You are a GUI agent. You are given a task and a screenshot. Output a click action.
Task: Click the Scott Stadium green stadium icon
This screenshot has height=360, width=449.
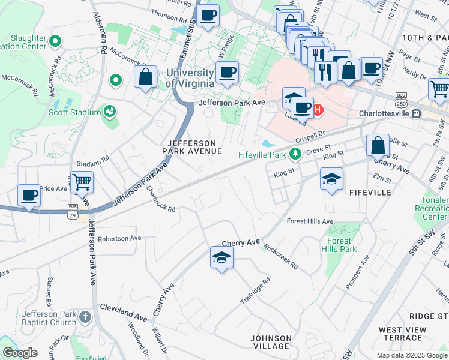click(x=109, y=111)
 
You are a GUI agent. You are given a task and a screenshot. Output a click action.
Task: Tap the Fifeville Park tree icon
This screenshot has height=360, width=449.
click(x=295, y=154)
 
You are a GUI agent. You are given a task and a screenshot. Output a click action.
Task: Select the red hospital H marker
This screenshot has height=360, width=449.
click(x=318, y=110)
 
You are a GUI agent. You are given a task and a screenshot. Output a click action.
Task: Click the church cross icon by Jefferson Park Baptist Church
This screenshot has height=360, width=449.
click(x=85, y=316)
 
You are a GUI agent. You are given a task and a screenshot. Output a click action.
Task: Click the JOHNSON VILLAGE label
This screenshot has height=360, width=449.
click(x=270, y=342)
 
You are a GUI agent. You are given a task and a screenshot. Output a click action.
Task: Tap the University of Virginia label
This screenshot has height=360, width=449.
click(x=190, y=78)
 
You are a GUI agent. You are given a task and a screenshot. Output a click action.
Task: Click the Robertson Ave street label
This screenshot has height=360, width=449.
click(x=119, y=238)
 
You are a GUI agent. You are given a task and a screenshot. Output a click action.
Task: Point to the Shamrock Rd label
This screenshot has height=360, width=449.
click(x=161, y=199)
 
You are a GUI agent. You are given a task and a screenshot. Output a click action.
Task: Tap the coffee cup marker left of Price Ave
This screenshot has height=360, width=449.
click(x=29, y=195)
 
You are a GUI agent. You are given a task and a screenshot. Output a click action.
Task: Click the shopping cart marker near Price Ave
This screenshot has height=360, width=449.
click(x=82, y=181)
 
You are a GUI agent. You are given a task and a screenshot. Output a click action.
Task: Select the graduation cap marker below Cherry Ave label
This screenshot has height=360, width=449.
click(x=221, y=258)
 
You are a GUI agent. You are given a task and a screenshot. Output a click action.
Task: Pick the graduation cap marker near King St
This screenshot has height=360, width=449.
click(x=331, y=179)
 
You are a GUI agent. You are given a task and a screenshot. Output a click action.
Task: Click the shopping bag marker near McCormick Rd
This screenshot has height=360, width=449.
click(x=145, y=77)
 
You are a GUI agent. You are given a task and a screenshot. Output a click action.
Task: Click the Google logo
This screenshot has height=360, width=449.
click(x=20, y=353)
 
